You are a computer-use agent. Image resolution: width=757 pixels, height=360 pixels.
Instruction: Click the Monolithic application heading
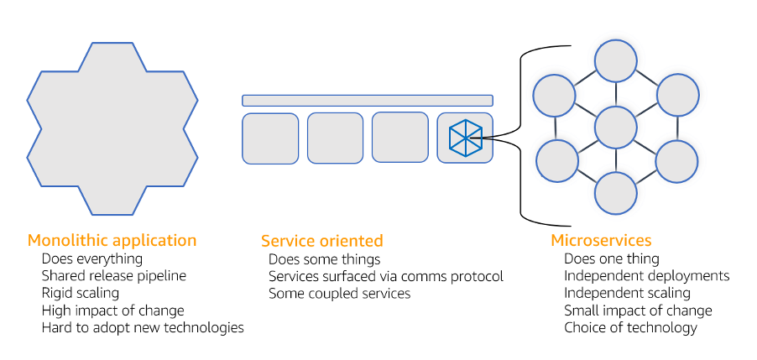[112, 240]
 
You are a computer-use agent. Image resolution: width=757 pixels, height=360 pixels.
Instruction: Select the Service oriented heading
[321, 241]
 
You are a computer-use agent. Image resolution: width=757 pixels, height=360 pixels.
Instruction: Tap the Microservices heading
[601, 241]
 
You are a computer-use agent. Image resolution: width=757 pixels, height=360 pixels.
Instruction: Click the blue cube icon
[466, 138]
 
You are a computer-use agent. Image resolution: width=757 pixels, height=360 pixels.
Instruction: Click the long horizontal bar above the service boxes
[367, 101]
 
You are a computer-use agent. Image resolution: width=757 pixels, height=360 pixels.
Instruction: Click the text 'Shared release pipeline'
[113, 275]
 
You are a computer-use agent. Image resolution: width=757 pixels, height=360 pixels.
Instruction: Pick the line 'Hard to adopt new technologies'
[143, 327]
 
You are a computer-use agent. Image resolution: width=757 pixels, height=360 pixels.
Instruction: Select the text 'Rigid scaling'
[80, 293]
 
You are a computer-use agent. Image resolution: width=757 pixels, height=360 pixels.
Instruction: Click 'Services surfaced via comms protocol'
[385, 276]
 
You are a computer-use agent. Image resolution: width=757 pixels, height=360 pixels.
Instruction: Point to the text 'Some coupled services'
[339, 293]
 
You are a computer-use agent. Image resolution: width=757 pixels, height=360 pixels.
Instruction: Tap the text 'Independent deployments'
[646, 275]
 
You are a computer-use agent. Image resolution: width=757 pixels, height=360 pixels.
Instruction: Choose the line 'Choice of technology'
[630, 327]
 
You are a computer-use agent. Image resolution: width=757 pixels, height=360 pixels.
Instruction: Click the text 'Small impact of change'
[638, 310]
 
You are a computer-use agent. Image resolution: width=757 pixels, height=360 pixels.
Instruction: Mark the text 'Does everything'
[91, 258]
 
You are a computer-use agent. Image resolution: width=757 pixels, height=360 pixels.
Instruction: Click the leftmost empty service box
[270, 138]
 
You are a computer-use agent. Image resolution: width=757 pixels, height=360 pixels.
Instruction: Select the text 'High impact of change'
[112, 310]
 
